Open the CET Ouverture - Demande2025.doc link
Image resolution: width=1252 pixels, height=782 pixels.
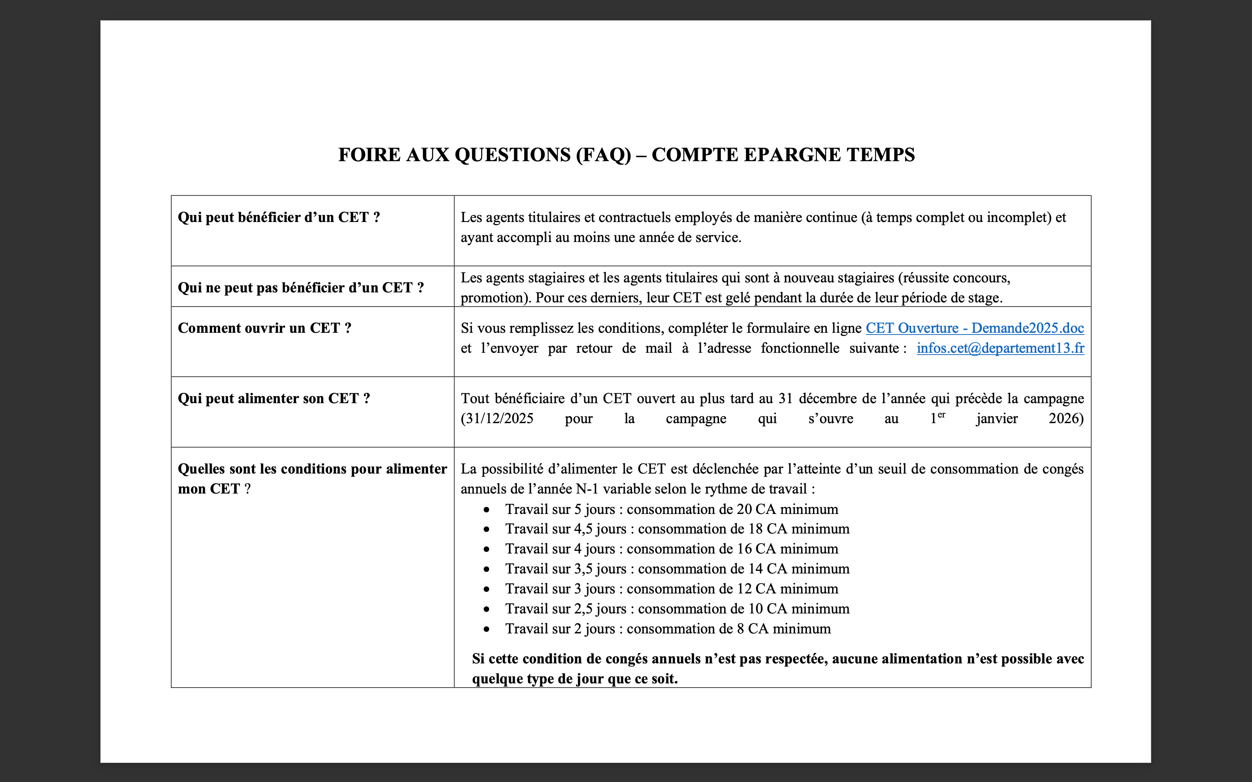pos(975,328)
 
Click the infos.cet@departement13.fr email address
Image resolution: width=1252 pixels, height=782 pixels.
pos(1000,348)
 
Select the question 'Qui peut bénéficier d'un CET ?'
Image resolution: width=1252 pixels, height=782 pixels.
pos(279,217)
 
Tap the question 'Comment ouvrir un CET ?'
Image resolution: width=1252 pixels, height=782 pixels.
pos(264,328)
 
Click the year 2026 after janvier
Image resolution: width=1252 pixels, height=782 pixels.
pos(1065,418)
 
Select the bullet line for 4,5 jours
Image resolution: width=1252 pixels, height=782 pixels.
pos(677,529)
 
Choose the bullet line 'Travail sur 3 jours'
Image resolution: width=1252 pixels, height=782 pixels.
pos(671,589)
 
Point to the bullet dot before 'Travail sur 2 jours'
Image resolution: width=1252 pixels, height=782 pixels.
pos(486,630)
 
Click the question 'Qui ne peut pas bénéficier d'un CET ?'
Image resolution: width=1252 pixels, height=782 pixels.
pos(300,288)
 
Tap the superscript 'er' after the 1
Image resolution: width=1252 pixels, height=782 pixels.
pos(941,415)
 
